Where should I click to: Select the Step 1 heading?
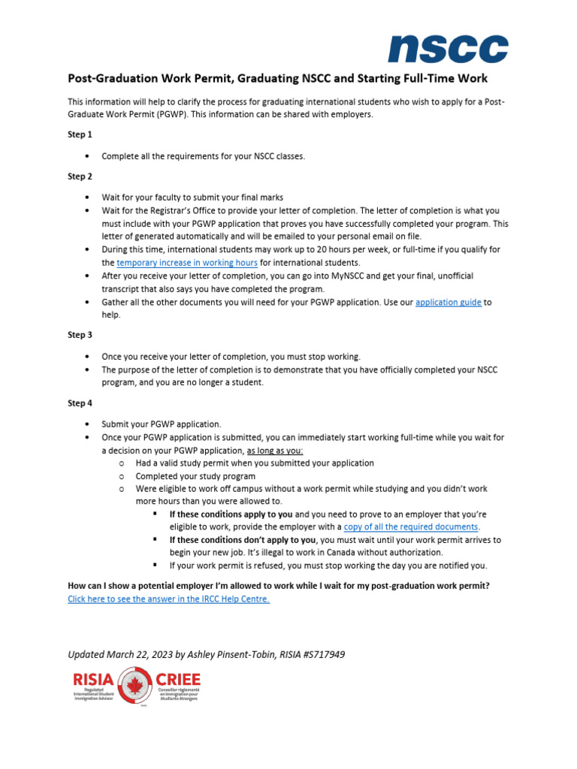[x=80, y=134]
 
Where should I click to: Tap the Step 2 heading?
[x=80, y=176]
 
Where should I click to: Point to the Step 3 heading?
[x=80, y=335]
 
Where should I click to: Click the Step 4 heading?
[x=80, y=403]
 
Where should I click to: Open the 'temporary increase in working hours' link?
[x=187, y=263]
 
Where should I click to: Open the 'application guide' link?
[x=448, y=303]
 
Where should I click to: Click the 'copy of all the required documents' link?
[x=411, y=527]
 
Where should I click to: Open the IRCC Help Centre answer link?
[x=168, y=599]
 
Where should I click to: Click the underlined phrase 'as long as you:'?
[x=275, y=451]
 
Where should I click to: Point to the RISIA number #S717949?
[x=319, y=654]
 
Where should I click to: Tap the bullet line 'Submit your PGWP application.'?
[x=162, y=424]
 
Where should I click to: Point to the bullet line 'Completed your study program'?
[x=195, y=476]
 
